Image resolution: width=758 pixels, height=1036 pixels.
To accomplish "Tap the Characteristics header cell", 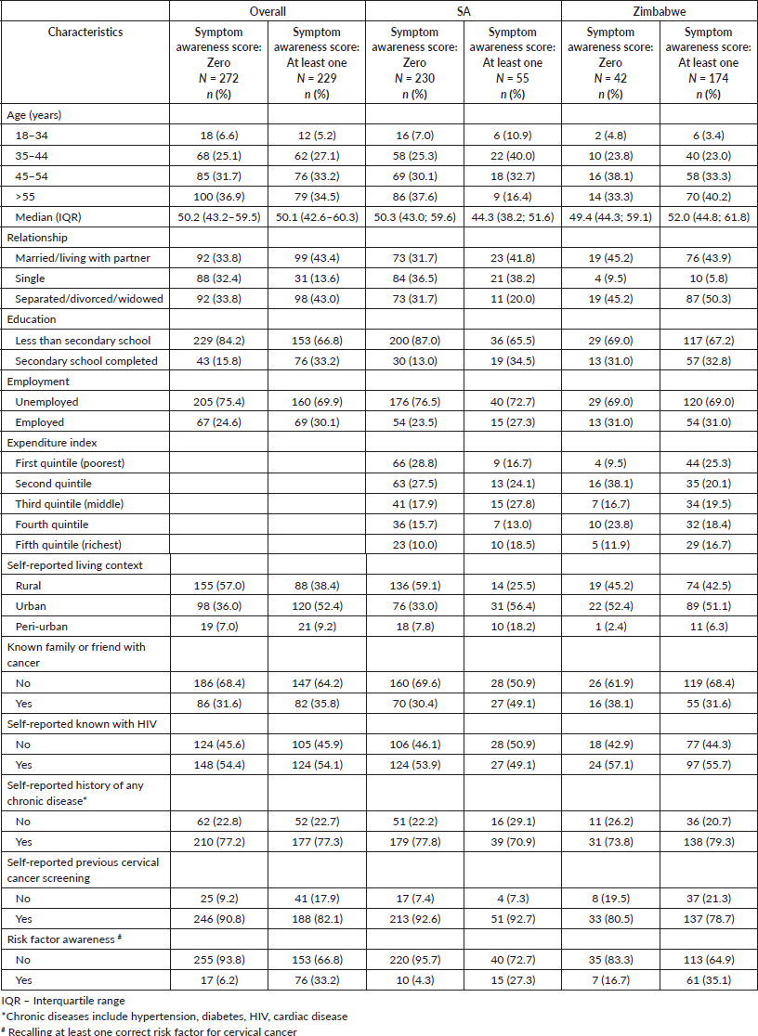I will (x=85, y=32).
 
